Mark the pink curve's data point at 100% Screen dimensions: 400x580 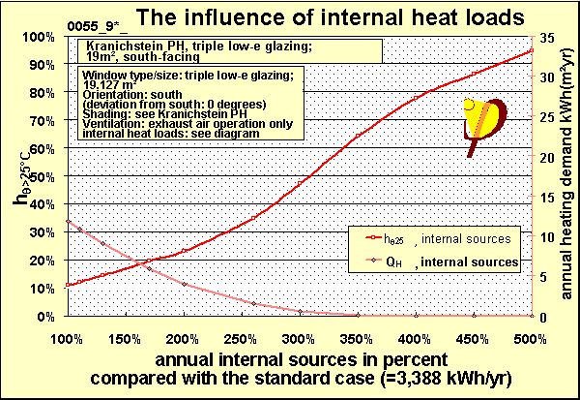point(67,222)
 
